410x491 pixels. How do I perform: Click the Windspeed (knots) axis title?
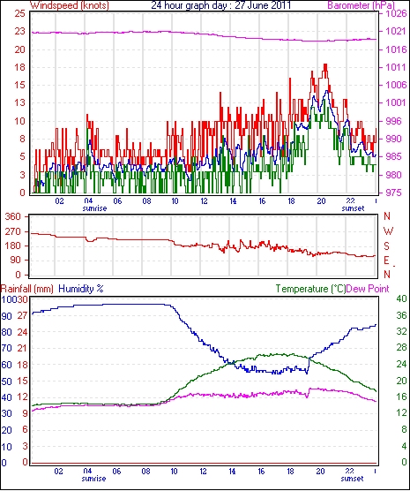point(70,5)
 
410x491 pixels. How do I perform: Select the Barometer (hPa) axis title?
point(362,5)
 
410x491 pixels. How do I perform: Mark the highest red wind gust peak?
point(325,64)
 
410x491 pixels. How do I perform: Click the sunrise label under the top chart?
point(94,208)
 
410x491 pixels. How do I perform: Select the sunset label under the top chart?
point(353,208)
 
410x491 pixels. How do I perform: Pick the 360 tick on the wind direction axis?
point(12,216)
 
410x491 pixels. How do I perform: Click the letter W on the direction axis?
point(388,231)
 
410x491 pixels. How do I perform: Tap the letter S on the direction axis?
point(387,246)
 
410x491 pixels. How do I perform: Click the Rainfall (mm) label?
point(27,289)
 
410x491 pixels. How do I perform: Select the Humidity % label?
point(81,289)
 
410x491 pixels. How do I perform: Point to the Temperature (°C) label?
point(311,289)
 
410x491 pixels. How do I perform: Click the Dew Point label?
point(368,289)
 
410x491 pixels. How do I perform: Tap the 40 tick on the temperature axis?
point(401,298)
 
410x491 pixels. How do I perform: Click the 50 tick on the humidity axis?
point(6,381)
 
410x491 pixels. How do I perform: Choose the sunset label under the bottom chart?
point(352,479)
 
